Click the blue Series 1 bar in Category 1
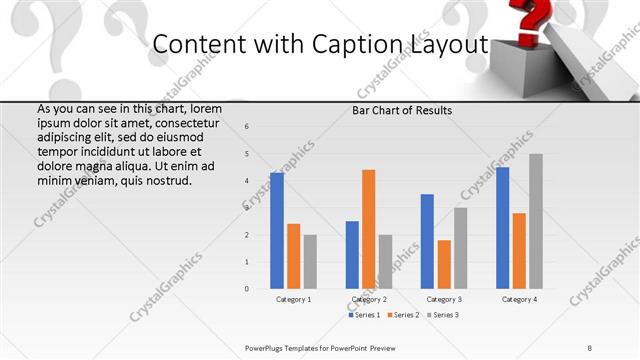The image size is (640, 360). pos(277,231)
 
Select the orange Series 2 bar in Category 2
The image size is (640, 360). pos(368,229)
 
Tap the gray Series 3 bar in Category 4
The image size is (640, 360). pos(536,221)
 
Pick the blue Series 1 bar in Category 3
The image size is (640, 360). pos(427,241)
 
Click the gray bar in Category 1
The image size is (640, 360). pos(310,262)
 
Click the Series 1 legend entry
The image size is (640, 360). pos(365,315)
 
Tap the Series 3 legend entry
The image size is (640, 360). pos(442,315)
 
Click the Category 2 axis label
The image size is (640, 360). pos(370,299)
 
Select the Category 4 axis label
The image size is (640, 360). pos(519,299)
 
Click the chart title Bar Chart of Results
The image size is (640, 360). pos(401,111)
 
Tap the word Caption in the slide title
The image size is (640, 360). pos(366,45)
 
